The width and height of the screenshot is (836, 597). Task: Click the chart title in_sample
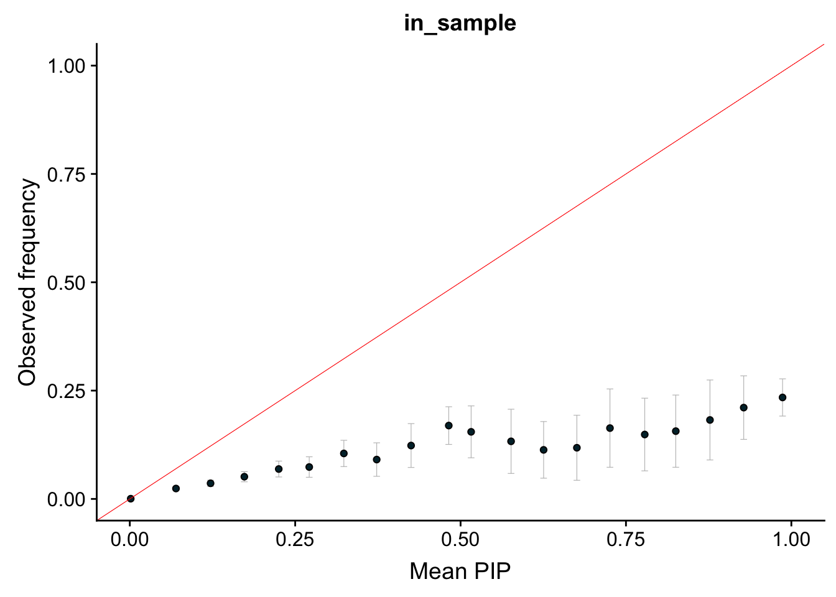pos(460,23)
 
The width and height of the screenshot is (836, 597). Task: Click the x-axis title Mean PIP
pos(460,571)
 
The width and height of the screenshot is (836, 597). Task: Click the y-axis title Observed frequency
pos(28,282)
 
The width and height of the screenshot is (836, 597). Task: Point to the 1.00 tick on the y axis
pos(67,66)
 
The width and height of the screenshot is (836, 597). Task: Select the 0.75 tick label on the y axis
pos(67,174)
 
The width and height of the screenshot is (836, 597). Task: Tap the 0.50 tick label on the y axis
pos(67,282)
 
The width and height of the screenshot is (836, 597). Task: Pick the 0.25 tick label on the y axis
pos(67,391)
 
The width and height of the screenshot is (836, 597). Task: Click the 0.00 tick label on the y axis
pos(67,499)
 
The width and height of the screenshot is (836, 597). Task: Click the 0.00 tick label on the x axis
pos(130,539)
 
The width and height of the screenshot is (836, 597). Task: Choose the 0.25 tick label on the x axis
pos(295,539)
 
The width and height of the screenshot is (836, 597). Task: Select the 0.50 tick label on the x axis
pos(460,539)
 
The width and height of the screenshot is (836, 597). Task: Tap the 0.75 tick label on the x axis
pos(625,539)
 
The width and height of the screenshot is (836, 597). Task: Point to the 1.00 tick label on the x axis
pos(791,539)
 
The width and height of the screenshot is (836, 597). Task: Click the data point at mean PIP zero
pos(131,499)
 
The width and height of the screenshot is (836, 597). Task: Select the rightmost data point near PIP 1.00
pos(783,397)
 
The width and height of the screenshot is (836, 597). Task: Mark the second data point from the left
pos(176,489)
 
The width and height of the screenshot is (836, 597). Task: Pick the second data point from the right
pos(743,407)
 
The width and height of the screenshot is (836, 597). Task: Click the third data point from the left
pos(210,483)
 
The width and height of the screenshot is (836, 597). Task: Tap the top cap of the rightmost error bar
pos(783,379)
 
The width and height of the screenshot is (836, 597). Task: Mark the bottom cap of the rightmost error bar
pos(783,416)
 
